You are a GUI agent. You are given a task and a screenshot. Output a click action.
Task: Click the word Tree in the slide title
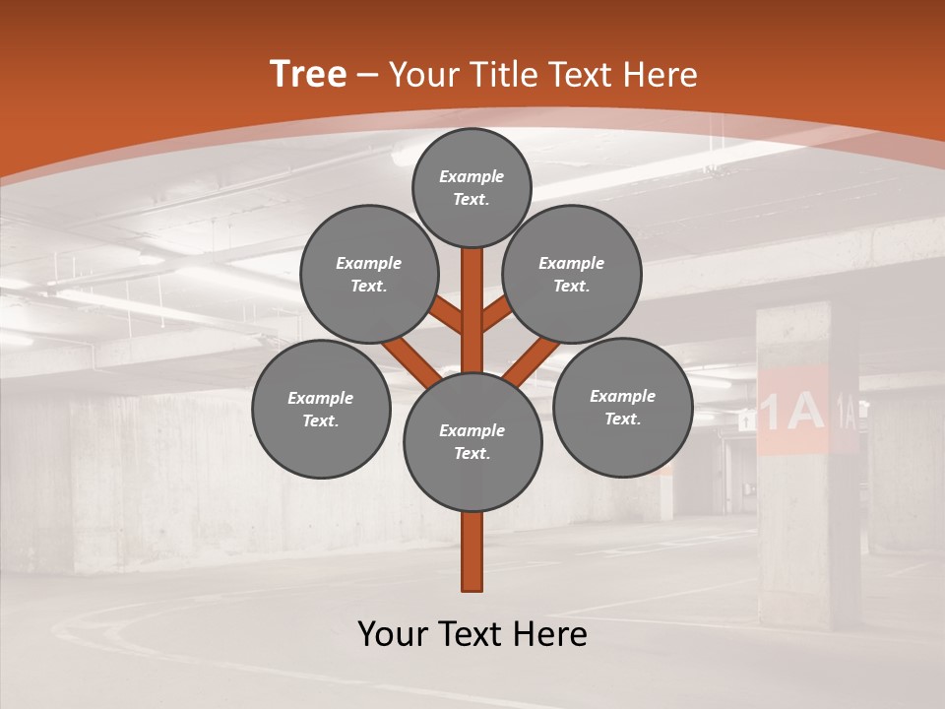click(x=308, y=75)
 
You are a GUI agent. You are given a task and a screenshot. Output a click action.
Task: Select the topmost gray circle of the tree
click(x=472, y=187)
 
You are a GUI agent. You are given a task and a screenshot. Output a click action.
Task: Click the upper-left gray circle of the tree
click(x=369, y=274)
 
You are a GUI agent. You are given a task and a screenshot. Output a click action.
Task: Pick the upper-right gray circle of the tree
click(x=572, y=274)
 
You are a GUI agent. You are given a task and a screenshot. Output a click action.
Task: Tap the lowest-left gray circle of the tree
click(x=321, y=409)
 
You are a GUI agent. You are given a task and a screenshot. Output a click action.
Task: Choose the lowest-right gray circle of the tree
click(x=622, y=407)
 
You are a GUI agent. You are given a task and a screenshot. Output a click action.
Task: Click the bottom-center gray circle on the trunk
click(x=472, y=441)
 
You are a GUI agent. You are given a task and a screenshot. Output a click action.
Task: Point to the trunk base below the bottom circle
click(x=472, y=551)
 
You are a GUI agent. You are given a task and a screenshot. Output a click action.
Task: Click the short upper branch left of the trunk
click(x=447, y=317)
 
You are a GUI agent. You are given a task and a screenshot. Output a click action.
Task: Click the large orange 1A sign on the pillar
click(x=791, y=411)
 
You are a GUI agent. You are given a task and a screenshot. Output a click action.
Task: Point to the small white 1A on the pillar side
click(x=846, y=409)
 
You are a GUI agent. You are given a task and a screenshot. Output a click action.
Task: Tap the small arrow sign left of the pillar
click(x=746, y=420)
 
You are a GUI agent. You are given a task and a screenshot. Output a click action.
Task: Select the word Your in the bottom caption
click(x=394, y=634)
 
